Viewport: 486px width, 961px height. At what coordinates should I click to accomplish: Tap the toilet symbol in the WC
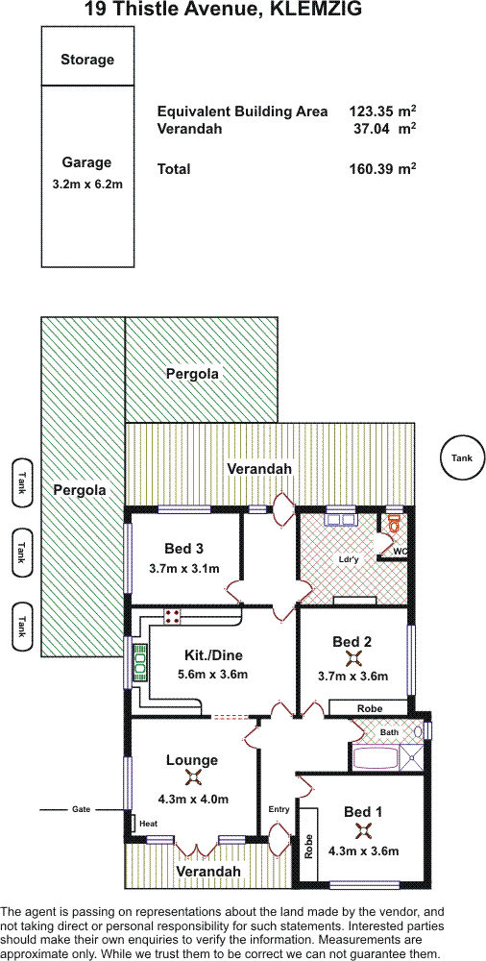point(395,524)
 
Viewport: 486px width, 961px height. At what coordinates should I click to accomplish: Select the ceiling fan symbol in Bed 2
point(353,659)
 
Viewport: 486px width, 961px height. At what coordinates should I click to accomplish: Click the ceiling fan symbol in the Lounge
point(194,777)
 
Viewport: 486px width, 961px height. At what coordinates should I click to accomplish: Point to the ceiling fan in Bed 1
point(363,830)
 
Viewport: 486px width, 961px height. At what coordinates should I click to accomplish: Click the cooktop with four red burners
point(172,615)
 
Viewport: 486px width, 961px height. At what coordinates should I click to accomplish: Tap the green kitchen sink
point(139,661)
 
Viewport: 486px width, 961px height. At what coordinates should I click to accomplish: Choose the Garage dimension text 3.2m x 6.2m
point(86,183)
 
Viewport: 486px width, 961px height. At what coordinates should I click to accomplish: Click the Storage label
point(87,60)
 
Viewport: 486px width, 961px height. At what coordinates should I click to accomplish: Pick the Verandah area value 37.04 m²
point(383,129)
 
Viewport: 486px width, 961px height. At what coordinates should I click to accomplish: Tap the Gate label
point(81,809)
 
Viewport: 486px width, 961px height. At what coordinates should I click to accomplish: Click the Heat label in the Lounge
point(148,824)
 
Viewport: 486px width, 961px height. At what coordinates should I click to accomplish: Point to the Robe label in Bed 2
point(369,708)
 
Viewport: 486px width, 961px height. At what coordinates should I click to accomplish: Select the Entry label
point(279,809)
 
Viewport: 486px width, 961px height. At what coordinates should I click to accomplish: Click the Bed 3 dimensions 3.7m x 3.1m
point(183,568)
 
